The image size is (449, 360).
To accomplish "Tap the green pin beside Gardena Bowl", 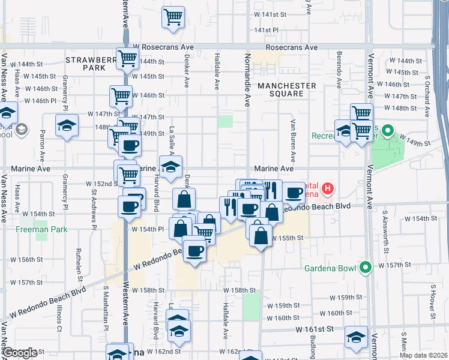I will (364, 268).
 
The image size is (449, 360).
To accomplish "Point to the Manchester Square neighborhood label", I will (286, 89).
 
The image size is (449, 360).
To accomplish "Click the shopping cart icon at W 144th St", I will (127, 59).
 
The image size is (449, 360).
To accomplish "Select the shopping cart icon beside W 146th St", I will (121, 96).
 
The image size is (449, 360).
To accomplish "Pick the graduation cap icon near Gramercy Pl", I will (66, 127).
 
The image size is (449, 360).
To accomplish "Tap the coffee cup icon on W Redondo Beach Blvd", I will (194, 251).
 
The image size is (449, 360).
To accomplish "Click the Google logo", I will (19, 353).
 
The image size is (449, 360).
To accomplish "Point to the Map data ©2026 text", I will (423, 355).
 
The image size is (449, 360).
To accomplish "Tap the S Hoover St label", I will (431, 300).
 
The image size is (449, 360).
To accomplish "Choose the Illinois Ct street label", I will (59, 318).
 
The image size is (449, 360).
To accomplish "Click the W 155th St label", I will (286, 238).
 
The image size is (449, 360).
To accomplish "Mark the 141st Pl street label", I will (267, 29).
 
